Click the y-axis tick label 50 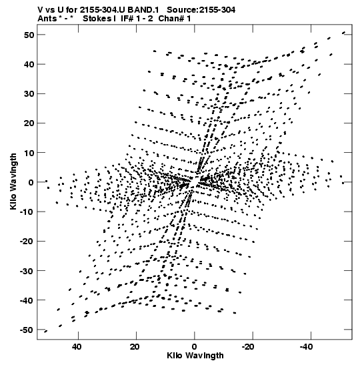click(29, 35)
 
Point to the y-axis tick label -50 click(27, 330)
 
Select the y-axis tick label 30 click(29, 94)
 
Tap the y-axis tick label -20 click(27, 242)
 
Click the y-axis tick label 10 click(29, 153)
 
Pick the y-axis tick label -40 click(27, 300)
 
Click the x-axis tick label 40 click(77, 347)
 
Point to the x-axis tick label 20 click(135, 347)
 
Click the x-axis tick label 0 click(195, 347)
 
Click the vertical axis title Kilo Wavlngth click(13, 181)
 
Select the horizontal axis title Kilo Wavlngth click(195, 356)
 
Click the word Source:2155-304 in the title click(201, 10)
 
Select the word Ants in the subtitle click(47, 19)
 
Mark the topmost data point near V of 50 click(344, 33)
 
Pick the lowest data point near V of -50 click(46, 331)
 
